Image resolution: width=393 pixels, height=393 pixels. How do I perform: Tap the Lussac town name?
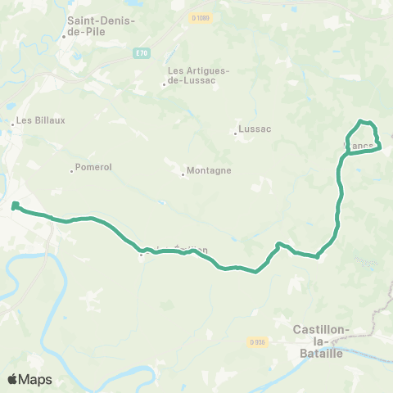point(254,129)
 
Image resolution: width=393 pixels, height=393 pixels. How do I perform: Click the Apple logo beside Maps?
point(13,380)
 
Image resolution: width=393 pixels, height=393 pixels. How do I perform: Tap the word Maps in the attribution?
point(36,380)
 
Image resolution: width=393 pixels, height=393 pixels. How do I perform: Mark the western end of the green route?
point(15,205)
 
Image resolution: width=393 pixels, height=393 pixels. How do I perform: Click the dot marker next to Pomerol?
point(71,170)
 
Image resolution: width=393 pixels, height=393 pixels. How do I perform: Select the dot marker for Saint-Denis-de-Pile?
point(64,37)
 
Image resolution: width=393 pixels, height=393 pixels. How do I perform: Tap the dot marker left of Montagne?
point(183,174)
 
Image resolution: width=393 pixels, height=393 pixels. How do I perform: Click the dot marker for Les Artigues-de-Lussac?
point(165,83)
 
